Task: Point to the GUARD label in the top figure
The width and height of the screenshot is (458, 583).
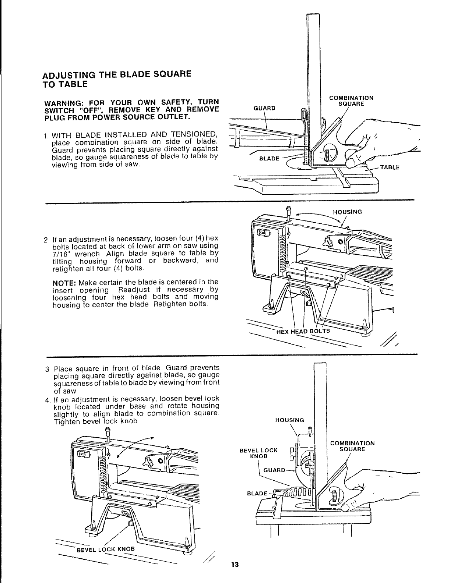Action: [265, 108]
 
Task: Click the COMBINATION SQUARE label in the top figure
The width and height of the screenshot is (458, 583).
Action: [351, 101]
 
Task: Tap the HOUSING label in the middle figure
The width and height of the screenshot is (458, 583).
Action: [347, 212]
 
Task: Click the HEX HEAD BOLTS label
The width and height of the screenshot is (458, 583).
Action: [303, 330]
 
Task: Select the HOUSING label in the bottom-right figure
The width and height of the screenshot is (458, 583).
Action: [290, 420]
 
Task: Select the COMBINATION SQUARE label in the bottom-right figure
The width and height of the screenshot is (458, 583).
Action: [352, 446]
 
